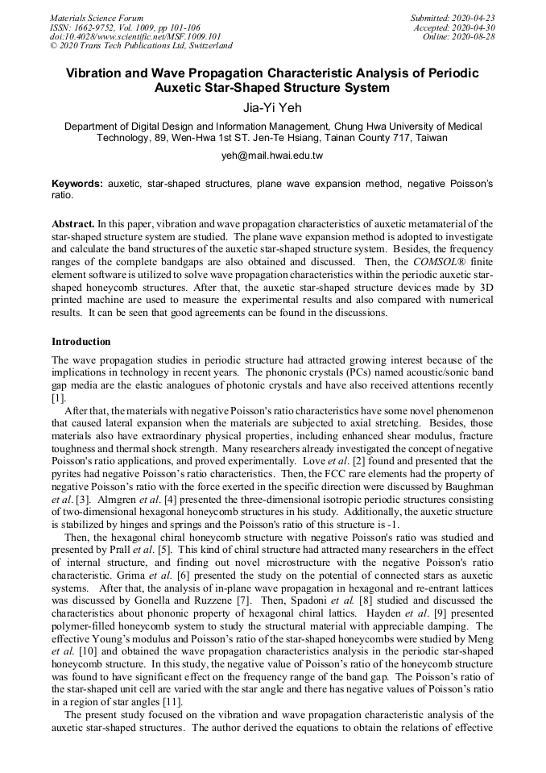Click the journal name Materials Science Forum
coord(97,17)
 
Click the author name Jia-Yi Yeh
coord(272,106)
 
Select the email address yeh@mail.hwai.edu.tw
coord(272,156)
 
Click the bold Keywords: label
coord(77,184)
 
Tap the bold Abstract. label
coord(73,222)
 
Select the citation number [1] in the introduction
coord(58,398)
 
